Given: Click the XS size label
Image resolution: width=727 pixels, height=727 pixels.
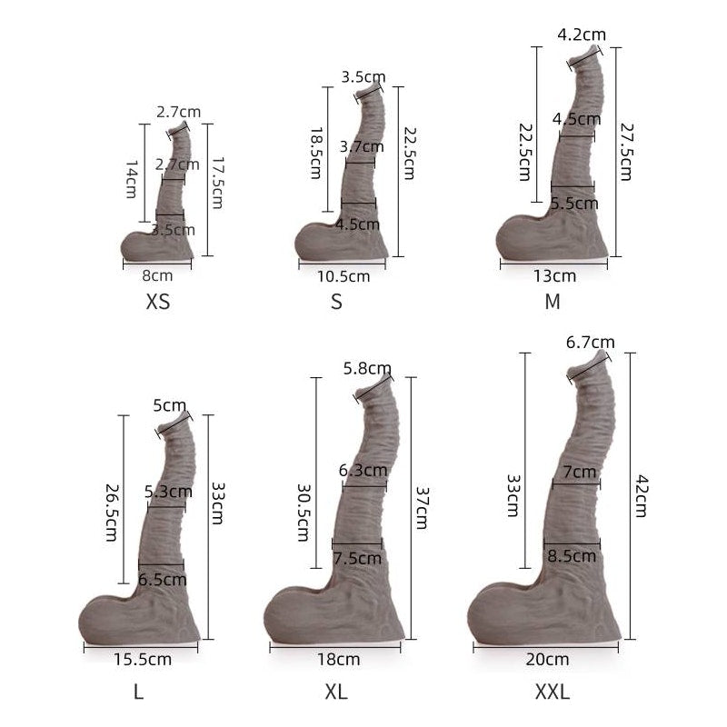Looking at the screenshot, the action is [158, 302].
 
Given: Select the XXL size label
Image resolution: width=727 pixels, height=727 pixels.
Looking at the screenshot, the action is [553, 692].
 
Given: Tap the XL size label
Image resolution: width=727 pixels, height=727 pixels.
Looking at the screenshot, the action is [336, 692].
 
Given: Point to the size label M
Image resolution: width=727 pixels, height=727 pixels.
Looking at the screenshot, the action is [553, 302].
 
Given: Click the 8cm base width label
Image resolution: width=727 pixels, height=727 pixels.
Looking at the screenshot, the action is [157, 275].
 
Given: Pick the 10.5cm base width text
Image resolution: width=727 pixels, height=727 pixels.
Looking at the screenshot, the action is [344, 276].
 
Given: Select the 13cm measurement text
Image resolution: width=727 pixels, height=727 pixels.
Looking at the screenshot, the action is [554, 276].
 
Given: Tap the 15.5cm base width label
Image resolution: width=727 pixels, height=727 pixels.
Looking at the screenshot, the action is [143, 659].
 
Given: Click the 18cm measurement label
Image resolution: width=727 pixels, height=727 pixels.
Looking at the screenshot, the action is [338, 659].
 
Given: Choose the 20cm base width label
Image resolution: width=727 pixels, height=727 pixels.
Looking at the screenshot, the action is [547, 659].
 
